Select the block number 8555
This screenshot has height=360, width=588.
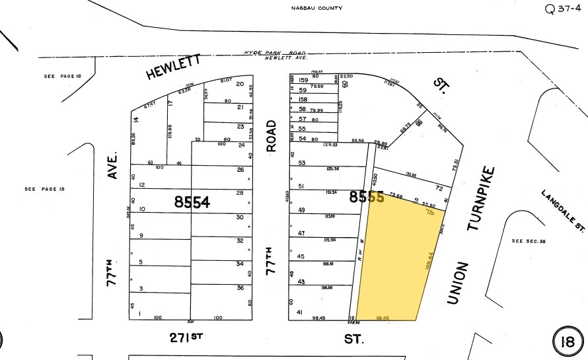[x=367, y=196]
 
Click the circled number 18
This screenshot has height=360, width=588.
[x=566, y=342]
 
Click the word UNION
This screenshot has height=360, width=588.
[x=457, y=283]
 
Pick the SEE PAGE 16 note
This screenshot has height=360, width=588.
[x=61, y=77]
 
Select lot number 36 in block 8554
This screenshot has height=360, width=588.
[x=240, y=287]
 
